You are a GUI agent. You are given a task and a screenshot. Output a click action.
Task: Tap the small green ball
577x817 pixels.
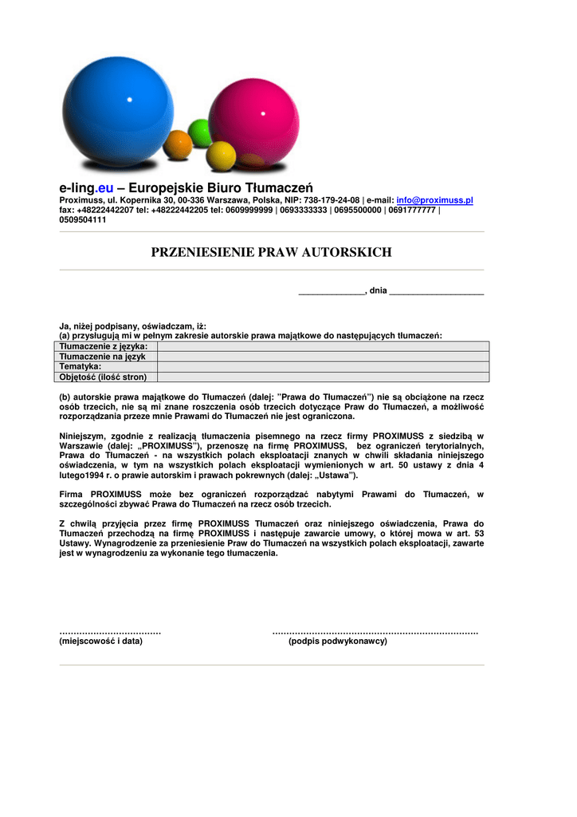[x=200, y=131]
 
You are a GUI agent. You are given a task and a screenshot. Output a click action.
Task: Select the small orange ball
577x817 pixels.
[x=178, y=145]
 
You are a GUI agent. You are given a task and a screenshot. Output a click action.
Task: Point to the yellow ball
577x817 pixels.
[x=221, y=155]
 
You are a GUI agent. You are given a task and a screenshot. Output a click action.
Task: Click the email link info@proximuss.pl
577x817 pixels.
[x=435, y=200]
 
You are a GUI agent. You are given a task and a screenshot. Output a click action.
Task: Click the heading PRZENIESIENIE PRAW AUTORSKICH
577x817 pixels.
[x=272, y=252]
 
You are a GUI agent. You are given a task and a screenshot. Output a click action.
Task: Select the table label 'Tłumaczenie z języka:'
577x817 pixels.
[x=104, y=346]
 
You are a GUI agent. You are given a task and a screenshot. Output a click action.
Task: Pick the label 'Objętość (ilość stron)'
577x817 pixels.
[x=108, y=377]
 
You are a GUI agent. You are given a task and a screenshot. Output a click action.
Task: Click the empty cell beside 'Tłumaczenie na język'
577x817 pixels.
[x=323, y=357]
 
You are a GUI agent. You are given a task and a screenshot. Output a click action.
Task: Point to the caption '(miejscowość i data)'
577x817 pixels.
[x=101, y=641]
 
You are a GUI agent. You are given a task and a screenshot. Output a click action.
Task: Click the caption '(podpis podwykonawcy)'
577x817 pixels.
[x=338, y=641]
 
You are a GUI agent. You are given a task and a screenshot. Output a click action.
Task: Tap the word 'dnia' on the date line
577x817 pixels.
[x=378, y=291]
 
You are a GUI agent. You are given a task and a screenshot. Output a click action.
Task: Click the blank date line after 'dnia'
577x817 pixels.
[x=437, y=292]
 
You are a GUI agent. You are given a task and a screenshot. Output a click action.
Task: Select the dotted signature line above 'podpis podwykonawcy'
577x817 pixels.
[x=375, y=631]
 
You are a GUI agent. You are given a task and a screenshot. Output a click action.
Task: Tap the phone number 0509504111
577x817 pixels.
[x=83, y=219]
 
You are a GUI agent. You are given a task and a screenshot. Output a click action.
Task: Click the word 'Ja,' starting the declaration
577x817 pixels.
[x=65, y=326]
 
